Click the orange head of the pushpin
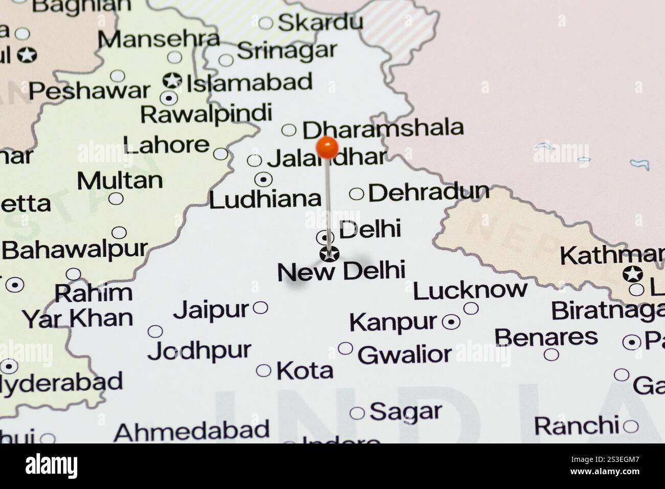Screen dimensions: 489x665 coord(327,147)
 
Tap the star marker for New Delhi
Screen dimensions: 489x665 coord(329,254)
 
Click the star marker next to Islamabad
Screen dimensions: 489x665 coord(172,80)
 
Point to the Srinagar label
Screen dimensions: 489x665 coord(287,51)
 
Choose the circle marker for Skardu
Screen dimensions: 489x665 coord(265,23)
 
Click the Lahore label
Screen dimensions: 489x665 coord(166,145)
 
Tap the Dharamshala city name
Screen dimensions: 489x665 coord(383,129)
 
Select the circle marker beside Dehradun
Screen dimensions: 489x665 coord(357,194)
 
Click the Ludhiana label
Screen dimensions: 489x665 coord(265,199)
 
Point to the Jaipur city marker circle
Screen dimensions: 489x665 coord(260,307)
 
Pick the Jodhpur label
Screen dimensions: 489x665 coord(199,351)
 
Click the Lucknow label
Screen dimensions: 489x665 coord(470,291)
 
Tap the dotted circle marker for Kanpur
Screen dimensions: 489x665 coord(451,322)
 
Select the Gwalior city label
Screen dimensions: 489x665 coord(405,354)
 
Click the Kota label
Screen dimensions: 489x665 coord(305,371)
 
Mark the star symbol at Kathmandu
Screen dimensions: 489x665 coord(633,274)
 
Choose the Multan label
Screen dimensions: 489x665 coord(120,181)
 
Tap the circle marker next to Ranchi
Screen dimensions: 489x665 coord(630,426)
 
